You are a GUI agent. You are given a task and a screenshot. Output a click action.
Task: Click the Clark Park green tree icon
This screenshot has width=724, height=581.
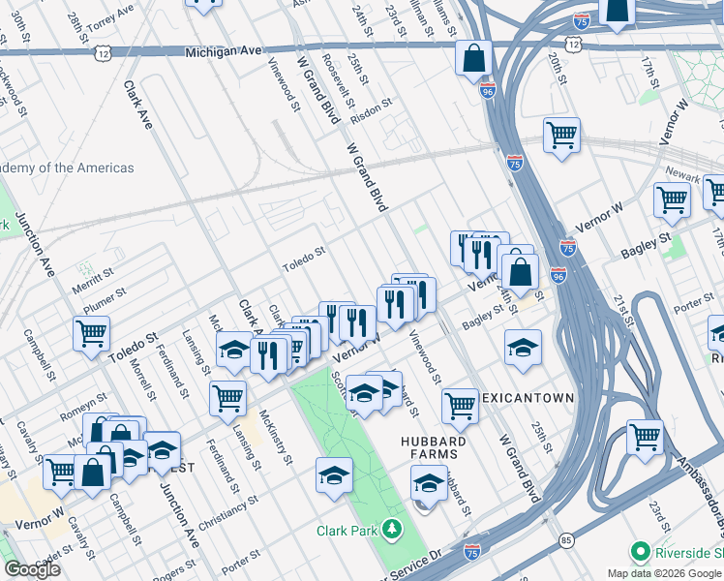(392, 530)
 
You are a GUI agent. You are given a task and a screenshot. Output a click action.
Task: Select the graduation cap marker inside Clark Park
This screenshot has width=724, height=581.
(334, 474)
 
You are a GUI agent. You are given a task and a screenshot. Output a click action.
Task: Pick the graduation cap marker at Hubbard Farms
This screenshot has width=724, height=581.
(429, 481)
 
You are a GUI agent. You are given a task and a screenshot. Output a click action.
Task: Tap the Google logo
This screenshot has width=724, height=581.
(33, 569)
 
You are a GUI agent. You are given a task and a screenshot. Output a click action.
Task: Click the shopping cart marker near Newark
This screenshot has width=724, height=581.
(671, 199)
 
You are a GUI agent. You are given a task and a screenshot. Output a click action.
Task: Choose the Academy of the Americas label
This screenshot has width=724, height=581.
(67, 168)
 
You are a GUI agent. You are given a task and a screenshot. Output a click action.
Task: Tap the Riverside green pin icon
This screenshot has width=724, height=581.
(640, 553)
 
